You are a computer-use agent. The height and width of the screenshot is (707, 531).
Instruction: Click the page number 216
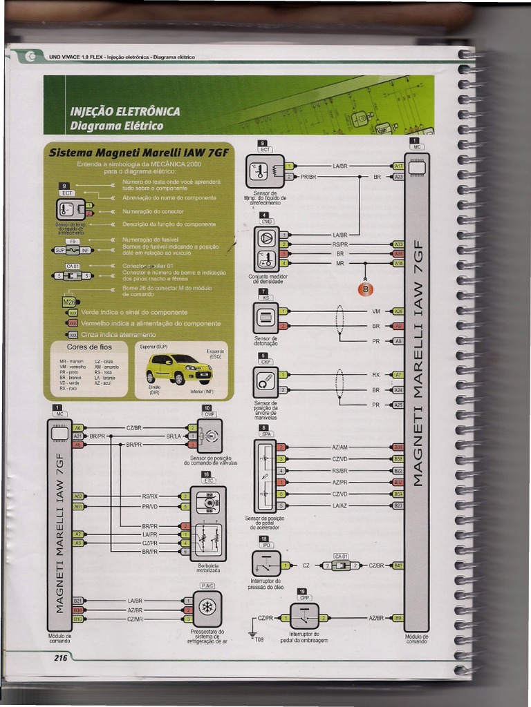61,658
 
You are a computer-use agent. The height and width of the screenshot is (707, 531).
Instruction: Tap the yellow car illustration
178,369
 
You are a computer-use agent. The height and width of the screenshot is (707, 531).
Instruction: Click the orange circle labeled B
365,289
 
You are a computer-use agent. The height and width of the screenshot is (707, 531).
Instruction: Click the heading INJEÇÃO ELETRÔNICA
125,111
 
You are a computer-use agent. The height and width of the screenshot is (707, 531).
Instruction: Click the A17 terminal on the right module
398,166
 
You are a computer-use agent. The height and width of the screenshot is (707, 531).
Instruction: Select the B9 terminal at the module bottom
398,618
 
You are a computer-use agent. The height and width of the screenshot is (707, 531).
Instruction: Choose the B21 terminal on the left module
78,601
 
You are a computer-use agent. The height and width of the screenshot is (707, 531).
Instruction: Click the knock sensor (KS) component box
265,318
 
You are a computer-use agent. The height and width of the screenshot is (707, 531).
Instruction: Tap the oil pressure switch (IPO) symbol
266,564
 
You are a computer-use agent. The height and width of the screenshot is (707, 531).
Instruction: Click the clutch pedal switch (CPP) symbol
304,616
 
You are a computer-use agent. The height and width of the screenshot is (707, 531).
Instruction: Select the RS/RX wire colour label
150,496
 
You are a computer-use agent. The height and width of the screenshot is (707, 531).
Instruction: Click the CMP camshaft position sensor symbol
209,436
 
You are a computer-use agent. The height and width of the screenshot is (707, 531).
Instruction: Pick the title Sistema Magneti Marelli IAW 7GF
138,152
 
